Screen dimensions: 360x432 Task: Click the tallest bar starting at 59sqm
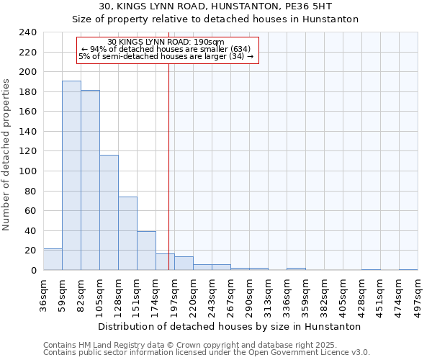click(71, 176)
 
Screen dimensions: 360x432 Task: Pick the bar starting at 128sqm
click(127, 233)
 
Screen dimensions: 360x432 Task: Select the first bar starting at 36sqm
click(53, 259)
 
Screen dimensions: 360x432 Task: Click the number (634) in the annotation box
click(240, 48)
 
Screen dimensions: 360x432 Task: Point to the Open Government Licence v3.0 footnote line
click(207, 352)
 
